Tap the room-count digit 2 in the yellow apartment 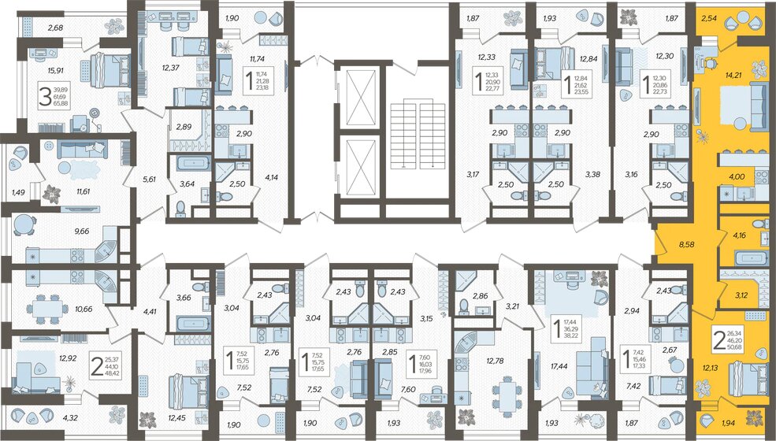[719, 340]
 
